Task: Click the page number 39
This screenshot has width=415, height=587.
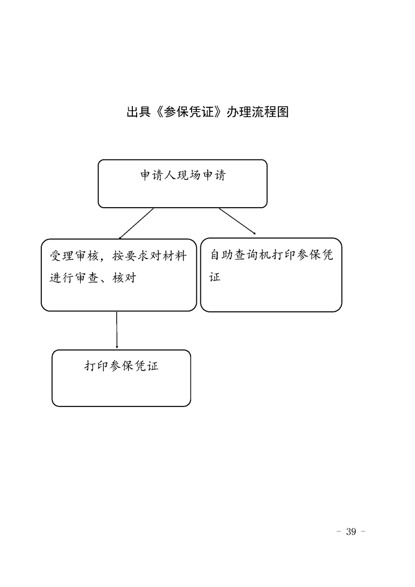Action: [351, 532]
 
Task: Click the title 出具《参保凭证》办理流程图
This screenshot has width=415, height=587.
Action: [207, 112]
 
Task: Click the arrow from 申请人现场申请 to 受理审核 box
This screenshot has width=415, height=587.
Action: [136, 223]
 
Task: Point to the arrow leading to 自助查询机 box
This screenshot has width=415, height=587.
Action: [238, 221]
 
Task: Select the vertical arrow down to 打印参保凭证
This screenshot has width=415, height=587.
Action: [117, 330]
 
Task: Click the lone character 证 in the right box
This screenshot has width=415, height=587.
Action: [215, 277]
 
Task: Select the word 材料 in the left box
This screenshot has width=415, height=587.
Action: [175, 256]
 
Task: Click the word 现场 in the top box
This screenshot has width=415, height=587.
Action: [189, 175]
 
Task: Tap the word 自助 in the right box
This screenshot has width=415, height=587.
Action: [222, 255]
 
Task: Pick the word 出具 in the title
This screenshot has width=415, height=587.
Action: [139, 112]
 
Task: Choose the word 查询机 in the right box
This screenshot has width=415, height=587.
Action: [253, 255]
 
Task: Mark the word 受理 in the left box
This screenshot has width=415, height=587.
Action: [62, 256]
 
